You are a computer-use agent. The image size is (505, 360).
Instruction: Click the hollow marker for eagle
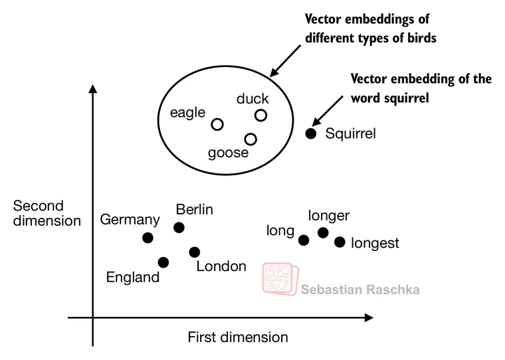[217, 124]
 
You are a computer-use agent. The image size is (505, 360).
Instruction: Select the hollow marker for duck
[260, 115]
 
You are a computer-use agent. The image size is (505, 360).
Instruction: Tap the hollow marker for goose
[251, 139]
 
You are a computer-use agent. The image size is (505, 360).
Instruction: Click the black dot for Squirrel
[310, 134]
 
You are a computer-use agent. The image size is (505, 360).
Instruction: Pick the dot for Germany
[148, 238]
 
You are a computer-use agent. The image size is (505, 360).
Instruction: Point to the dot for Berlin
[179, 227]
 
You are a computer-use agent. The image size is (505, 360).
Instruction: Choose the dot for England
[163, 262]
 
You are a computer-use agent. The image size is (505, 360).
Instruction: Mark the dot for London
[194, 252]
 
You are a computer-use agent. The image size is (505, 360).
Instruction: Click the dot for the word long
[304, 240]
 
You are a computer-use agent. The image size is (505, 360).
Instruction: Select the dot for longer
[323, 232]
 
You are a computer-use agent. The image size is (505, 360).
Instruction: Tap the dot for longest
[340, 242]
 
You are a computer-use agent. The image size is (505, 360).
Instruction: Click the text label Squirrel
[350, 134]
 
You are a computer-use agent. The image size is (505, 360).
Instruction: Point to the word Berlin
[194, 210]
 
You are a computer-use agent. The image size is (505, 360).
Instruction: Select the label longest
[375, 243]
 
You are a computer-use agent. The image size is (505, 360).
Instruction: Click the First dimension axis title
[238, 337]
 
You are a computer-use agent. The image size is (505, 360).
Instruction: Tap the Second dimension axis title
[47, 213]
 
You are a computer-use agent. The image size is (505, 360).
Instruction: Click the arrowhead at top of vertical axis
[93, 89]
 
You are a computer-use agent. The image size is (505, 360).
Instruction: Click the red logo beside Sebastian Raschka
[279, 279]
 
